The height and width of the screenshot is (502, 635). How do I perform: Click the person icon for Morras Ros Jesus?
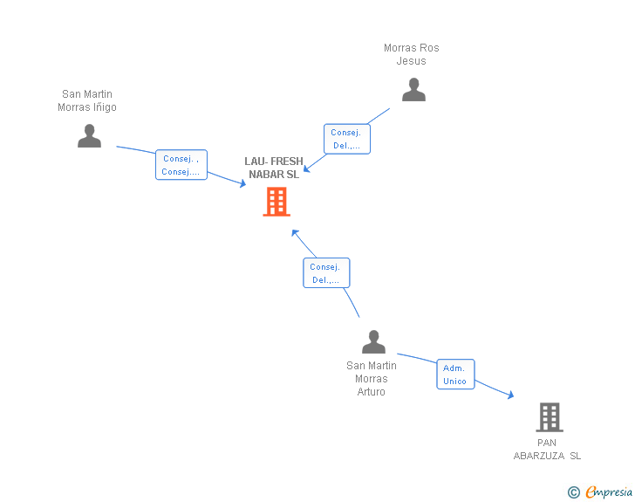413,89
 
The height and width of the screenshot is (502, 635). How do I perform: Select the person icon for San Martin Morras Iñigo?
89,135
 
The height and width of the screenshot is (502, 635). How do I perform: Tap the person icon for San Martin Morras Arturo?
373,341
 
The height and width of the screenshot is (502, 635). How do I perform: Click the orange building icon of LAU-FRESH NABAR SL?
277,202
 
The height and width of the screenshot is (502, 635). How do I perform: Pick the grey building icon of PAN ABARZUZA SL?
549,417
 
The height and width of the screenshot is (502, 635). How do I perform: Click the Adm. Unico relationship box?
455,375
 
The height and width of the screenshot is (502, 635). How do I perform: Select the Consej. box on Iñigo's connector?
181,165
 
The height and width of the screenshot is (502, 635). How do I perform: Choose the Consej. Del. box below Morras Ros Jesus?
346,139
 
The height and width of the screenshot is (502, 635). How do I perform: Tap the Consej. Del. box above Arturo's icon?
325,273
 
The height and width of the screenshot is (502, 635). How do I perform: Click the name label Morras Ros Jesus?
412,54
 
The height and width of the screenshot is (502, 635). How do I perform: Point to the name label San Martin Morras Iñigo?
87,100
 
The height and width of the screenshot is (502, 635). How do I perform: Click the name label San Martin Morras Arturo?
372,378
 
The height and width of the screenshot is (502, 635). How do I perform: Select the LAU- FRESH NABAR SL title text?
274,168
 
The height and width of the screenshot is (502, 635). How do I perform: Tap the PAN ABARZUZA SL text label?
547,449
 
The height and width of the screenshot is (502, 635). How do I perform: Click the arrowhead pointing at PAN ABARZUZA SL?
510,395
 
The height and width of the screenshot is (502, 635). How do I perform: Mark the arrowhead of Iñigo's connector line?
242,184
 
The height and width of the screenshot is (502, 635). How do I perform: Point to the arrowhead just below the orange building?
295,232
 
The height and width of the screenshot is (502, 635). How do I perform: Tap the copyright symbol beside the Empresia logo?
573,492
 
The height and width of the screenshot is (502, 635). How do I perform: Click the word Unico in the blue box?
455,381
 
